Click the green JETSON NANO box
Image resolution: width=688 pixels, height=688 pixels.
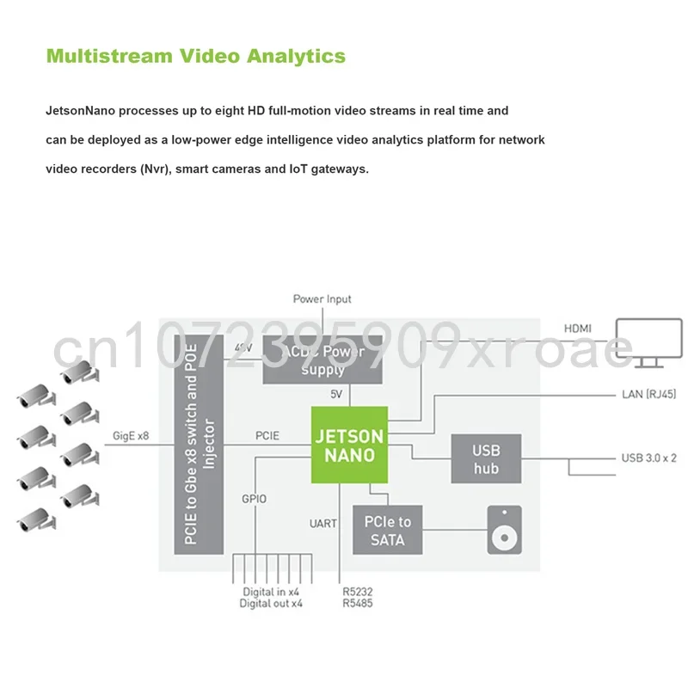[347, 445]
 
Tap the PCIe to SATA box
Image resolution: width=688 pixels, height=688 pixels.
[388, 531]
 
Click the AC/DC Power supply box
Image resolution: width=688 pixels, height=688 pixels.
[322, 360]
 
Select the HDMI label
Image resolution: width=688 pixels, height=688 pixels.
[577, 329]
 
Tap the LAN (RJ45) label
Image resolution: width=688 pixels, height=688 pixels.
[648, 395]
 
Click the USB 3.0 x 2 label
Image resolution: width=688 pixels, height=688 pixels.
[648, 458]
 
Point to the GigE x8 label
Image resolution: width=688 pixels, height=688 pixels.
[131, 436]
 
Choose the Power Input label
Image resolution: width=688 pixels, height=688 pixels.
[322, 299]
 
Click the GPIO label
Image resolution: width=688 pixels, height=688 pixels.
[254, 499]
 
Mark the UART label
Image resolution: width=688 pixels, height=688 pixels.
[324, 523]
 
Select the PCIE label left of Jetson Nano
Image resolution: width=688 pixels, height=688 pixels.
[267, 436]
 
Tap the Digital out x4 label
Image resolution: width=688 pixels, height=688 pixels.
[271, 604]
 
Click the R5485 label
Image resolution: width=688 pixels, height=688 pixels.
[358, 604]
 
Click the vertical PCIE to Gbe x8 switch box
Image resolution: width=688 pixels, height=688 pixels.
[199, 445]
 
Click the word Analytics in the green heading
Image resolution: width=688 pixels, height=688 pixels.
[296, 57]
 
